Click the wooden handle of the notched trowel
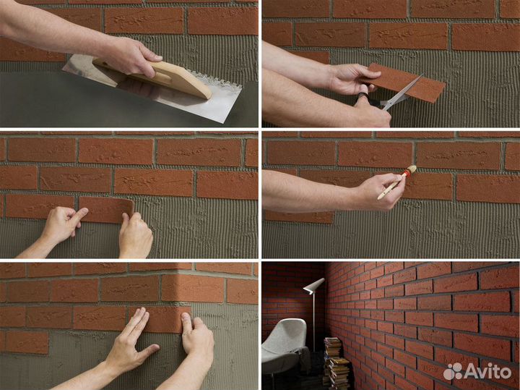[x=156, y=77]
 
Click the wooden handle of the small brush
[x=391, y=187]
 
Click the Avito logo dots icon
[x=453, y=371]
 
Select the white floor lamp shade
[x=313, y=285]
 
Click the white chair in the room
[x=285, y=345]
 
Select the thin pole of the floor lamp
[x=313, y=322]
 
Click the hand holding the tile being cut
[x=352, y=79]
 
